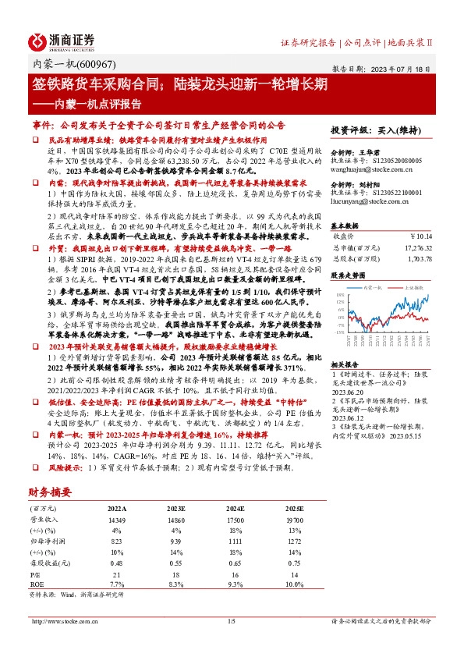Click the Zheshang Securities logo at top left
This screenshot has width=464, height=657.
62,41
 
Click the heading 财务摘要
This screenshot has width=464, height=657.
50,492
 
